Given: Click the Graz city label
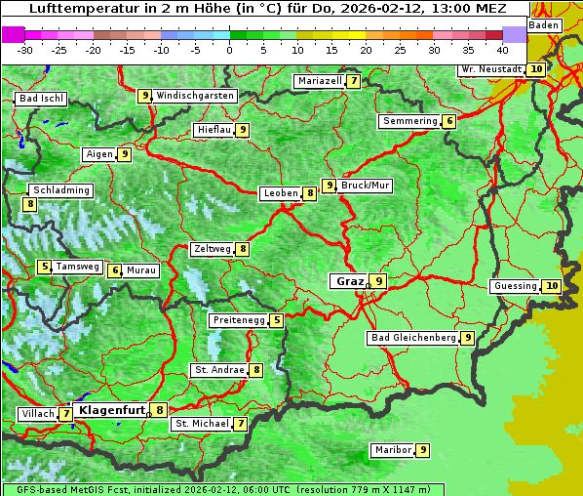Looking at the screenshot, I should pos(350,281).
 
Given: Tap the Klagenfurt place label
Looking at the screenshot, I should pos(111,410).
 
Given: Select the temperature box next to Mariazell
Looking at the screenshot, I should pos(353,81).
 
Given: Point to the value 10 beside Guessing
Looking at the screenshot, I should pos(552,286).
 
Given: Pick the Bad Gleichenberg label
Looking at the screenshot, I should pos(412,338).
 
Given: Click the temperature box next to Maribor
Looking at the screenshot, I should pos(422,450).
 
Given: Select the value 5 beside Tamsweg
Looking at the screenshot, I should pos(44,267).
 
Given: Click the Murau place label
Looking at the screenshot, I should pos(141,270).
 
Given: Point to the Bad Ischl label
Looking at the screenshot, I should pos(41,99).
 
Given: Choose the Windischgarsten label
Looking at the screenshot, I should pos(195,96).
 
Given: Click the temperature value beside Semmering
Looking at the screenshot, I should pos(448,121).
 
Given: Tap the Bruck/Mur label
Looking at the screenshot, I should pos(366,186).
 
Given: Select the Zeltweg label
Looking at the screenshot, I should pos(212,249).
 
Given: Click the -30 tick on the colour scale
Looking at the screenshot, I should pos(25,50).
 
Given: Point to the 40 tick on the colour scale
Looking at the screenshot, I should pos(502,50).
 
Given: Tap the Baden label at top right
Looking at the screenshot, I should pos(544,25).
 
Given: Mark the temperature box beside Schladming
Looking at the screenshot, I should pos(30,204).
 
